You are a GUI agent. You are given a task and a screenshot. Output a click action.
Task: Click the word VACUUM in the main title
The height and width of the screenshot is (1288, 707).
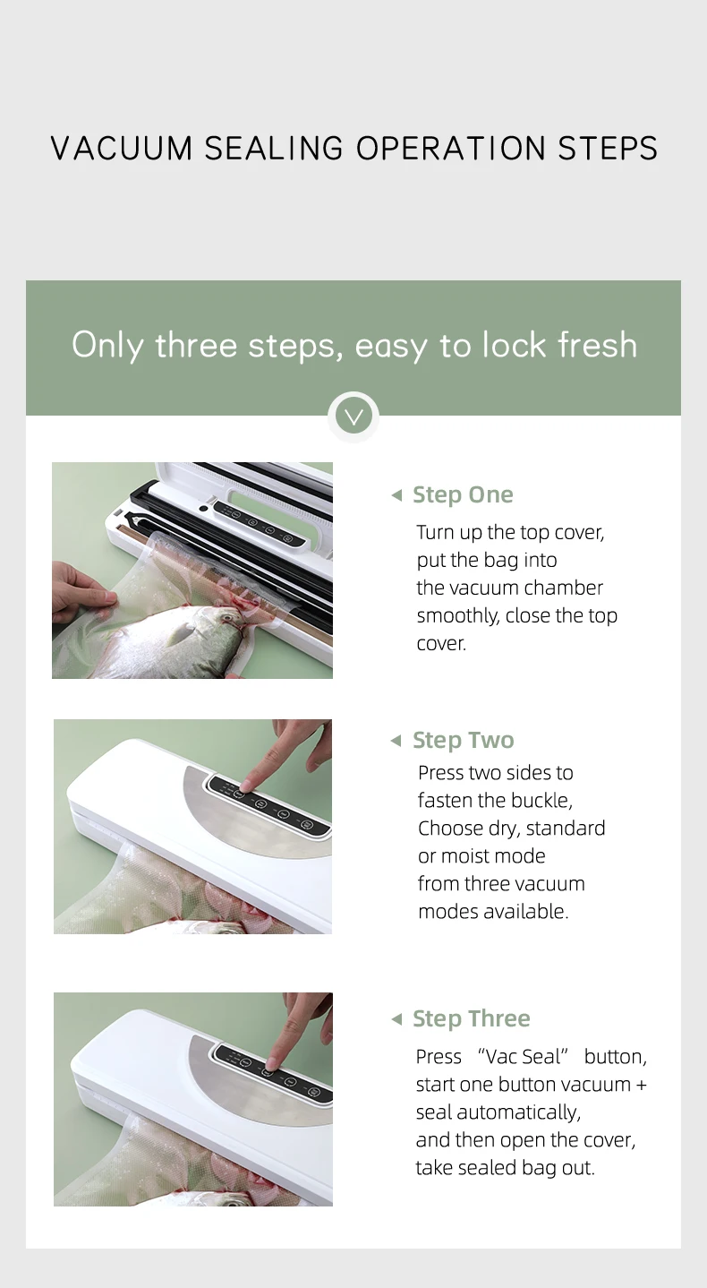[121, 149]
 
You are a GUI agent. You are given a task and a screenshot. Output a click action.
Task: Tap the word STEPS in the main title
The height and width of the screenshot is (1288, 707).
[608, 149]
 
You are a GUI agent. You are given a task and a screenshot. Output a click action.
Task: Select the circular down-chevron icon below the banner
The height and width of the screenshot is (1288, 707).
[353, 416]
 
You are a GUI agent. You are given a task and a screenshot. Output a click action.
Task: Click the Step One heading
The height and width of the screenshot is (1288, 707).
[463, 495]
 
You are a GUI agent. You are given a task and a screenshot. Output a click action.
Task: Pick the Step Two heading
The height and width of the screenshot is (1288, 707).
[464, 741]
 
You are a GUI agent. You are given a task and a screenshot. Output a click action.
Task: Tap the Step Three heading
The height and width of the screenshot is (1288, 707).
[472, 1019]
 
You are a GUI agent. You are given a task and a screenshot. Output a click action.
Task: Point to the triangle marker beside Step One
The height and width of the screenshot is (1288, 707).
[396, 495]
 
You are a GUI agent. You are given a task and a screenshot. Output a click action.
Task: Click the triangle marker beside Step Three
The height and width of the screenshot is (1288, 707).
[396, 1019]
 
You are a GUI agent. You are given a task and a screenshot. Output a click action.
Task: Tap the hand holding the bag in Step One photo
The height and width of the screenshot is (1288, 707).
[83, 592]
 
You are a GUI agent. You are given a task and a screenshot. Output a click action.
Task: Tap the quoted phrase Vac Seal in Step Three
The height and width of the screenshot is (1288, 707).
[523, 1057]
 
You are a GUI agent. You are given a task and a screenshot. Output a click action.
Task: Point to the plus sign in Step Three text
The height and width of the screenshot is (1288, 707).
[641, 1085]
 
